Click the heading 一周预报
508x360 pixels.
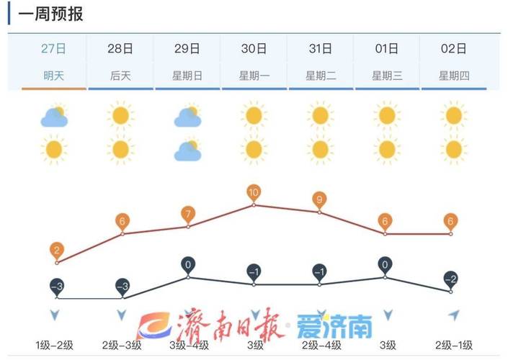click(x=50, y=14)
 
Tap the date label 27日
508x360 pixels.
click(x=54, y=49)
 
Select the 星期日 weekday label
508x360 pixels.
click(x=187, y=76)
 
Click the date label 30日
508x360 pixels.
click(x=254, y=49)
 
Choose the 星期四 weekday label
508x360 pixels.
click(x=453, y=76)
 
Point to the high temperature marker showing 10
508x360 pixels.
click(x=254, y=193)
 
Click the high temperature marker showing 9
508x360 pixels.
click(x=320, y=199)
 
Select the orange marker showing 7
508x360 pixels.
click(x=188, y=215)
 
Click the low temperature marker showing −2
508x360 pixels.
click(x=451, y=279)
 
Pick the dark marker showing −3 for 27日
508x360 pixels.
click(x=56, y=286)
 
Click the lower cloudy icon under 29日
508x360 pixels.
click(x=187, y=150)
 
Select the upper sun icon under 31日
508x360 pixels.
click(x=321, y=115)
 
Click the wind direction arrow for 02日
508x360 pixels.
click(x=453, y=315)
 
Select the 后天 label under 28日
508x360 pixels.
click(x=120, y=76)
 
